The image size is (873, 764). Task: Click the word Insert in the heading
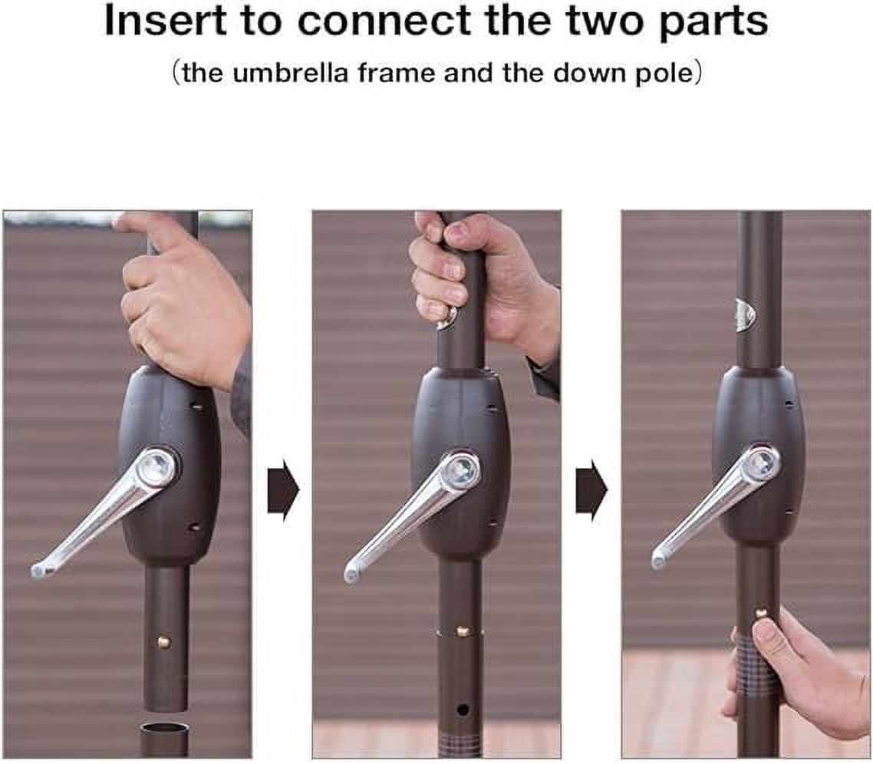click(x=166, y=21)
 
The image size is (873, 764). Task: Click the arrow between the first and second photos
click(x=283, y=491)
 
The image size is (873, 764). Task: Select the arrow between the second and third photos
click(x=591, y=491)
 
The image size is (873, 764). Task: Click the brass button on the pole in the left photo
click(x=164, y=642)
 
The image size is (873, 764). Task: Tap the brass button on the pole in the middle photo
click(x=462, y=631)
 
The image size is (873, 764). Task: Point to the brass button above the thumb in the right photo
click(x=759, y=614)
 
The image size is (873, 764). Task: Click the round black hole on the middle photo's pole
click(x=462, y=710)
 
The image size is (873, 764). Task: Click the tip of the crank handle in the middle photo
click(x=352, y=574)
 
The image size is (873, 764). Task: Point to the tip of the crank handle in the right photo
click(x=660, y=560)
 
